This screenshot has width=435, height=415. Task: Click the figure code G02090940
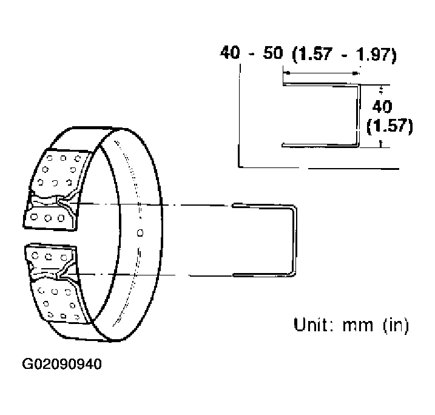(x=62, y=364)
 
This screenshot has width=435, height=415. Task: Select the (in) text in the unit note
(x=396, y=325)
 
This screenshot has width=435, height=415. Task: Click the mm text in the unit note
(x=358, y=326)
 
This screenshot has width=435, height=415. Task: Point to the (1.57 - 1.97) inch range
(x=345, y=55)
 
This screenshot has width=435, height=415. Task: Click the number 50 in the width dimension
(x=273, y=53)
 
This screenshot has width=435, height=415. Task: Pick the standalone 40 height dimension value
(x=382, y=107)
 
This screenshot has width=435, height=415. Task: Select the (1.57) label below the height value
(x=389, y=126)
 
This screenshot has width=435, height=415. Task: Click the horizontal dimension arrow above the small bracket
(x=322, y=73)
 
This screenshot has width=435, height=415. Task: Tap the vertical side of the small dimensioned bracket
(x=358, y=115)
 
